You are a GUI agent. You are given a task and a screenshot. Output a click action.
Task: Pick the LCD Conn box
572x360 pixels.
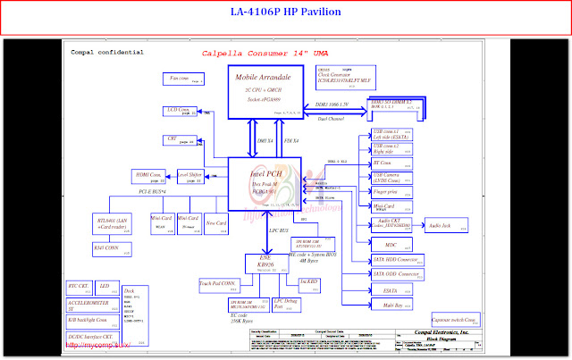tap(181, 111)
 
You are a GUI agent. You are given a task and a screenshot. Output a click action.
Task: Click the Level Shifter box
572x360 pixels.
tap(191, 175)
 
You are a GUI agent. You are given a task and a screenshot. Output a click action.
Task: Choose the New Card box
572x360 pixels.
tap(216, 222)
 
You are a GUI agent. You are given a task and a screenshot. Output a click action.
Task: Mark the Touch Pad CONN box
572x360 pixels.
tap(220, 284)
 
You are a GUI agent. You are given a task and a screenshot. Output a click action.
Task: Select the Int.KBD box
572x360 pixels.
tap(309, 282)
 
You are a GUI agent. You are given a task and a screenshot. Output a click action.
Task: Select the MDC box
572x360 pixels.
tap(391, 245)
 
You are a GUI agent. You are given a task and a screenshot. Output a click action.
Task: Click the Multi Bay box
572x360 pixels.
tap(391, 306)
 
